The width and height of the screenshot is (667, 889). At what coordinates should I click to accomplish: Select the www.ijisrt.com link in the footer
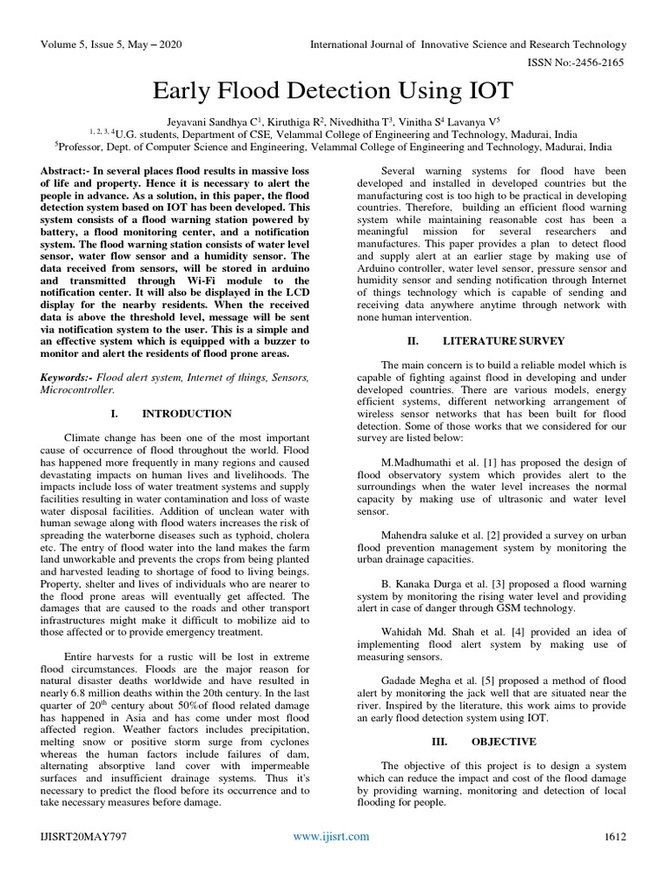pos(331,836)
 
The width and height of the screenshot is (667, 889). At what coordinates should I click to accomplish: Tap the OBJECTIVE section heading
pos(504,741)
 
